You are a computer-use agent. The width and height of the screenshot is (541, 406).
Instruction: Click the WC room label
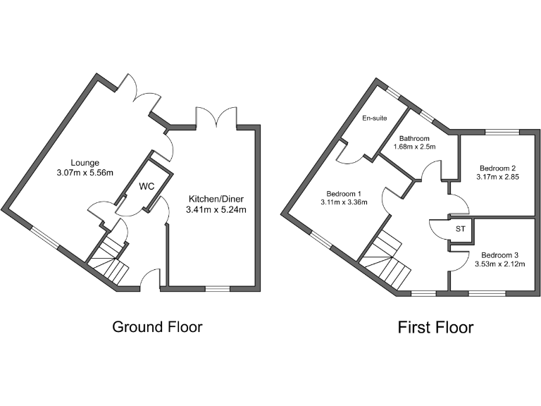pyautogui.click(x=147, y=186)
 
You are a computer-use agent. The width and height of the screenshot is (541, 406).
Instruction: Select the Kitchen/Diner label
pyautogui.click(x=214, y=198)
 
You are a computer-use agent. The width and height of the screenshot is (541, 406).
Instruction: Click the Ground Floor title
pyautogui.click(x=158, y=327)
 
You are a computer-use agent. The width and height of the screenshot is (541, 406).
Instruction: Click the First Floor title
pyautogui.click(x=435, y=327)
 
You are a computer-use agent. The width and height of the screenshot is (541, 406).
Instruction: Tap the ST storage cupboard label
pyautogui.click(x=461, y=230)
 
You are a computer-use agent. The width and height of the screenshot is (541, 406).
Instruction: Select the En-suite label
pyautogui.click(x=374, y=118)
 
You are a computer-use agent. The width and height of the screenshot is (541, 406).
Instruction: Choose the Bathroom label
pyautogui.click(x=414, y=138)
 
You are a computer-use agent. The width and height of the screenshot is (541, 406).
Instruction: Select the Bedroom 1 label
pyautogui.click(x=344, y=194)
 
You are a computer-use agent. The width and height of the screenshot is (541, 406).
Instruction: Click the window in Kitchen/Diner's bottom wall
pyautogui.click(x=218, y=288)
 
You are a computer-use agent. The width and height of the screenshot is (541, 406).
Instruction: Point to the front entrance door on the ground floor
pyautogui.click(x=150, y=282)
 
